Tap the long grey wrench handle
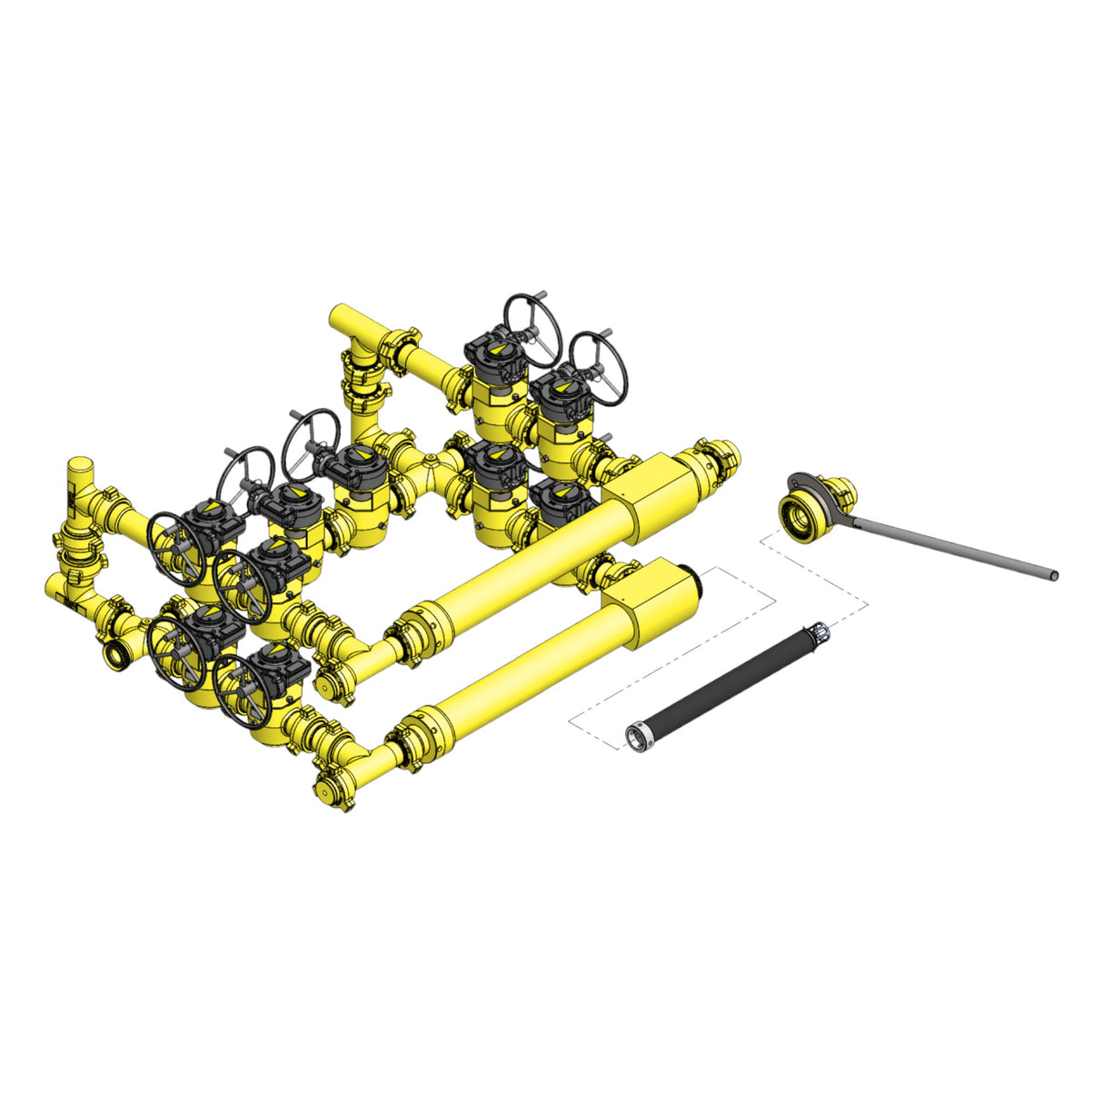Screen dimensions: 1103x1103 coord(954,545)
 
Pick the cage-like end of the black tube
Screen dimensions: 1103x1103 coord(815,632)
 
